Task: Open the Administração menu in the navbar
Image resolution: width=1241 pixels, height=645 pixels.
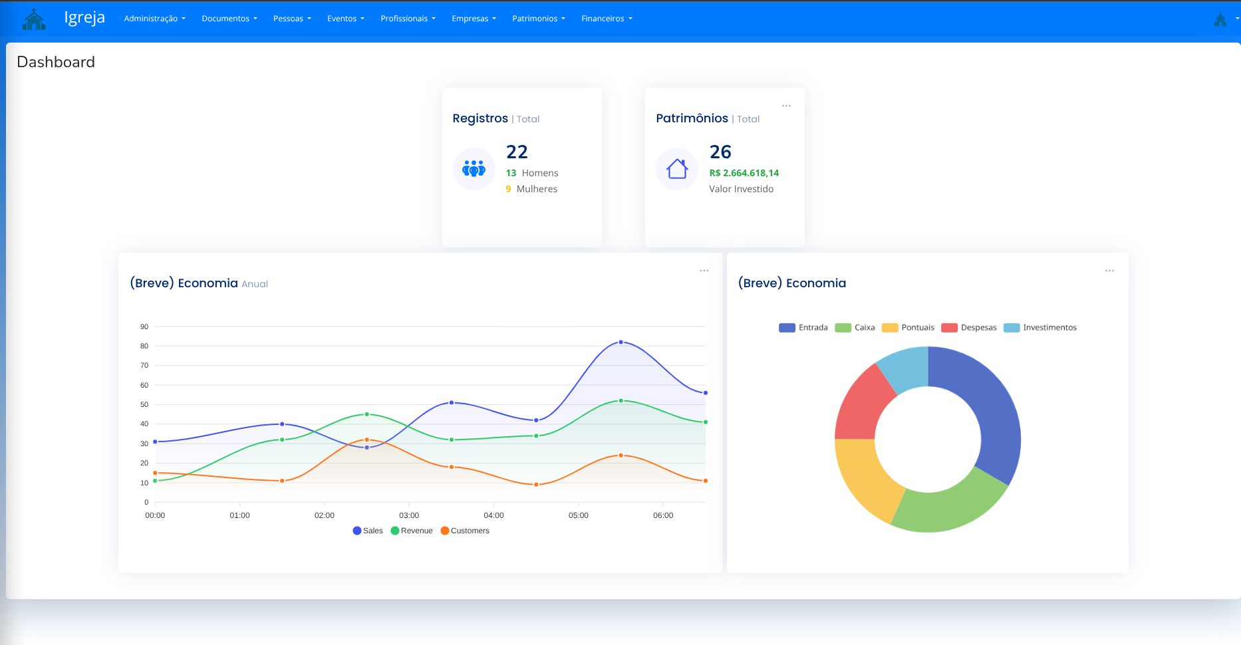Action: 154,19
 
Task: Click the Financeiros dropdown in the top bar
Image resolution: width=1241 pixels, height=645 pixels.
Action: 607,19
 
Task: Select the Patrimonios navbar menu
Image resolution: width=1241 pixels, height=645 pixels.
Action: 538,19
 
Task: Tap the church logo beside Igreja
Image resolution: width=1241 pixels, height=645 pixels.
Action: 34,19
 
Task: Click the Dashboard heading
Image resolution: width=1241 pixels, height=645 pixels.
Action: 56,62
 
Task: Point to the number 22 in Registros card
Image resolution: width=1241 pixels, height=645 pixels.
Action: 517,152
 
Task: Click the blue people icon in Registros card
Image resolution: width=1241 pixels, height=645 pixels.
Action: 474,169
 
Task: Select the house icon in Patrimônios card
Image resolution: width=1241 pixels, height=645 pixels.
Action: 677,169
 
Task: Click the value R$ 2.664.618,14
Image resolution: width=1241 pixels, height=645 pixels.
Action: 744,173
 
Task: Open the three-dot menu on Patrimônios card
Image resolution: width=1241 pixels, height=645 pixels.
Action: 786,106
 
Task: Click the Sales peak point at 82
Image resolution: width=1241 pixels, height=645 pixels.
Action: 620,342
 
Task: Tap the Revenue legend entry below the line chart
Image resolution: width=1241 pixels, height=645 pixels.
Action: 412,531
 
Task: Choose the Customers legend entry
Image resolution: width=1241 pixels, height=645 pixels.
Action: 465,531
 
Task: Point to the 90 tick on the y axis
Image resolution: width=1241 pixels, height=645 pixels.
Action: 144,326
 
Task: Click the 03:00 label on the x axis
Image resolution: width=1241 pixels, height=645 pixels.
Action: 409,515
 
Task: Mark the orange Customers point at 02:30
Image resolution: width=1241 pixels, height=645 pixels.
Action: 366,440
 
